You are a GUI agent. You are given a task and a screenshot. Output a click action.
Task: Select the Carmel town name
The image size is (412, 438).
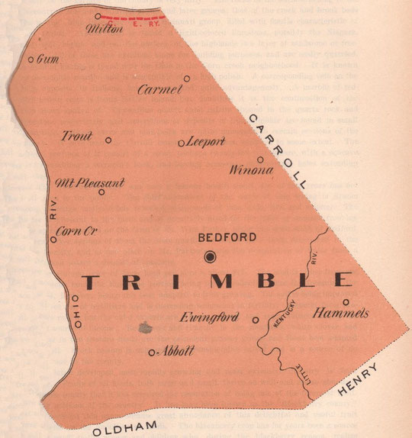(x=160, y=90)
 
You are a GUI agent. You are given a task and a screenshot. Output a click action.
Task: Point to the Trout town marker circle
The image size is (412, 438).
(x=108, y=140)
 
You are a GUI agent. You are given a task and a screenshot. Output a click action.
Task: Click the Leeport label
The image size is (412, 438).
(x=206, y=142)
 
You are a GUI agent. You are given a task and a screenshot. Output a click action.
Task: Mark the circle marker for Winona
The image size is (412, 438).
(x=260, y=159)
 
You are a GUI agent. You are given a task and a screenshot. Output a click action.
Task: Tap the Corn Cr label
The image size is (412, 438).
(x=79, y=230)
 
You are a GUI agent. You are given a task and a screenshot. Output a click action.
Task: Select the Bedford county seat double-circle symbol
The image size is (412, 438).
(x=211, y=256)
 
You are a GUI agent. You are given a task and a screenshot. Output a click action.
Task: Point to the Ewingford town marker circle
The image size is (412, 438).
(x=256, y=320)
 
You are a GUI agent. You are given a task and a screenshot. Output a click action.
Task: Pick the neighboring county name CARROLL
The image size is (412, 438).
(x=276, y=150)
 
